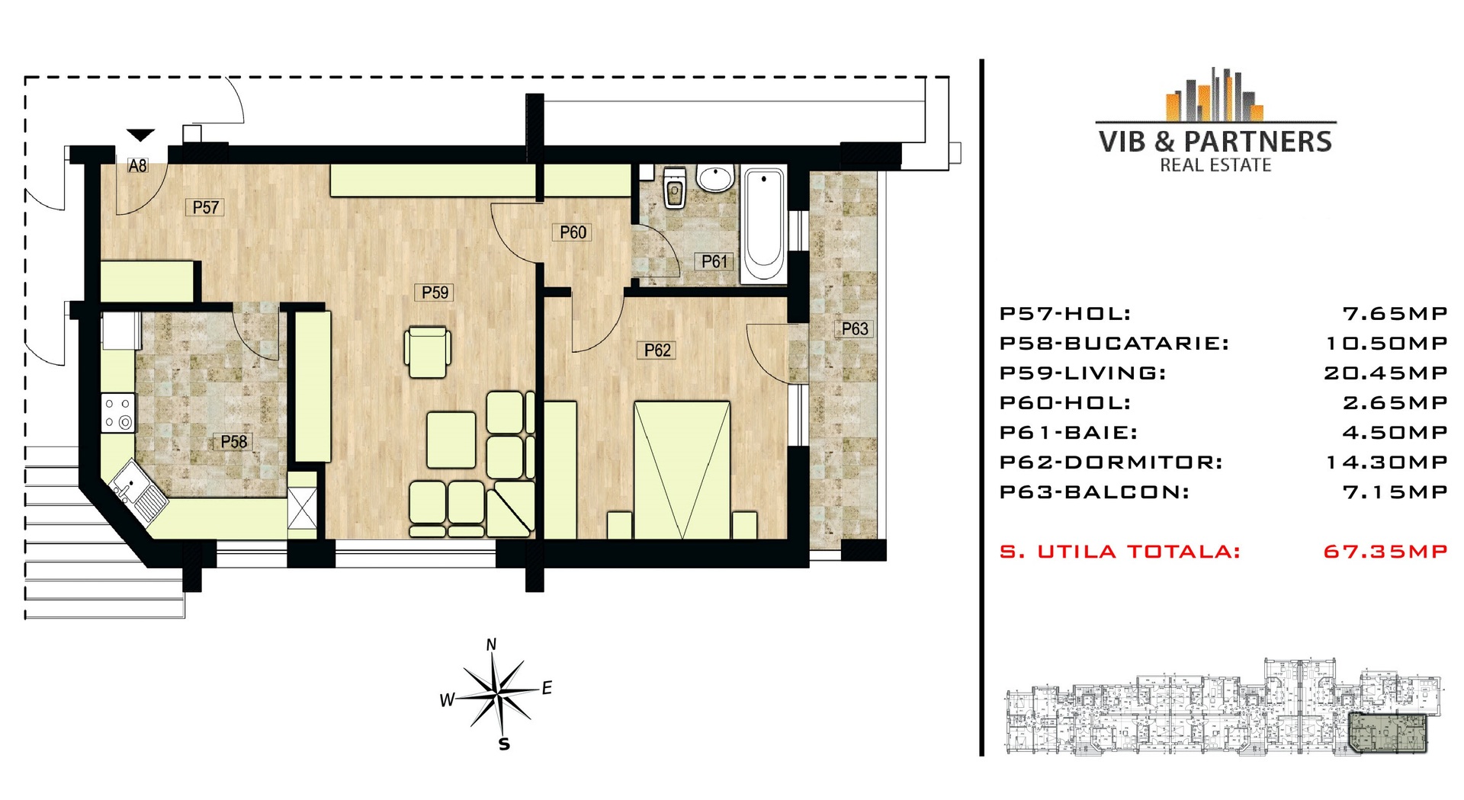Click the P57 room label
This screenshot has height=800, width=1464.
pos(206,207)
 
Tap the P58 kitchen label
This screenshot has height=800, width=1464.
pos(234,442)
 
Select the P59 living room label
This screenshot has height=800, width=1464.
pos(435,293)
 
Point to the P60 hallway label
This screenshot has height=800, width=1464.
pos(573,232)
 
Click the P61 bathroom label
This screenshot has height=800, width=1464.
pos(714,261)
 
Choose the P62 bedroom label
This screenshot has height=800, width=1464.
pos(657,350)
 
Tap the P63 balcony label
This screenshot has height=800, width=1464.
pos(855,329)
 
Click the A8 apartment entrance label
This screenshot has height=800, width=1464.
pos(137,165)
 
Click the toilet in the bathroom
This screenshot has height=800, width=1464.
pos(675,188)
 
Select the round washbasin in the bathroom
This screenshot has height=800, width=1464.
pos(715,178)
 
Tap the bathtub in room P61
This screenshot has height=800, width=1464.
pos(764,225)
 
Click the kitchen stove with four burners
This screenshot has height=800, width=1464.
pos(118,413)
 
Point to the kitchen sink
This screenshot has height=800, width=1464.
pos(140,492)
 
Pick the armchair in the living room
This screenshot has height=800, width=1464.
pos(428,352)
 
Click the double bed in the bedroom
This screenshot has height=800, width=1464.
pos(682,470)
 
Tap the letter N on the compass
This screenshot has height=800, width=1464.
pos(492,645)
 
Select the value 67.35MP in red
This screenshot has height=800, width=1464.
pos(1385,552)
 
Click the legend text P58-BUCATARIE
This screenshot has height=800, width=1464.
pos(1114,344)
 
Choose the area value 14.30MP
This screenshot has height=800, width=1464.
pos(1387,462)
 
